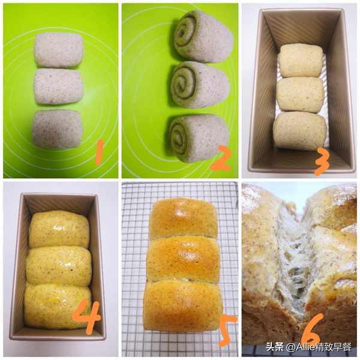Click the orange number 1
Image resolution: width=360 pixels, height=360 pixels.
(99, 152)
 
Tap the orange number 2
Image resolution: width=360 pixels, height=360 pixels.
(220, 158)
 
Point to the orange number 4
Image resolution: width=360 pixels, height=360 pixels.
(86, 317)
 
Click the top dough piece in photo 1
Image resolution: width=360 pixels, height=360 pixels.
(58, 50)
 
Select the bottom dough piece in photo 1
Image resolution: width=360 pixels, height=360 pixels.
(57, 129)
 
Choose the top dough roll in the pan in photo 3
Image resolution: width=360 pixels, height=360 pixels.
(301, 61)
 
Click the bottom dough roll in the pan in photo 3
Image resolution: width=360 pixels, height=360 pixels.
(300, 131)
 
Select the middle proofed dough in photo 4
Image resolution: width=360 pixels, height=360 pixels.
(58, 266)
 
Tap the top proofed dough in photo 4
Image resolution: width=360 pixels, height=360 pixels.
(59, 229)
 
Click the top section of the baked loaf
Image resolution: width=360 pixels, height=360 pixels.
(183, 218)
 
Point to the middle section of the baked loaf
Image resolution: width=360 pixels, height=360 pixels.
(183, 259)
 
